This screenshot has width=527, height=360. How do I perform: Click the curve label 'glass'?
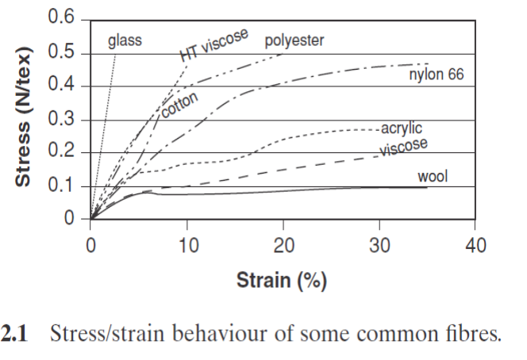click(125, 40)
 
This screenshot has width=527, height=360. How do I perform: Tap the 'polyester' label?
click(294, 40)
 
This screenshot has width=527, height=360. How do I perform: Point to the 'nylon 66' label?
click(436, 75)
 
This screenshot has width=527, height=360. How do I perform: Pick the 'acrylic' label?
click(402, 128)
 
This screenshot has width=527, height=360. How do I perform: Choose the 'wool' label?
click(433, 176)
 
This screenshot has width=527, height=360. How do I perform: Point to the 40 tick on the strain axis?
click(476, 245)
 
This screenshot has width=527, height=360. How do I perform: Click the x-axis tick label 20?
click(283, 245)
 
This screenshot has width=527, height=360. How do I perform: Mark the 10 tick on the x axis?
click(187, 245)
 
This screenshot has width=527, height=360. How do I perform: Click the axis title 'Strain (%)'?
click(282, 280)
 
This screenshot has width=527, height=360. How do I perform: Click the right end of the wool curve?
click(427, 187)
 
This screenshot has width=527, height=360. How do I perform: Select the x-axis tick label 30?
click(379, 245)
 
